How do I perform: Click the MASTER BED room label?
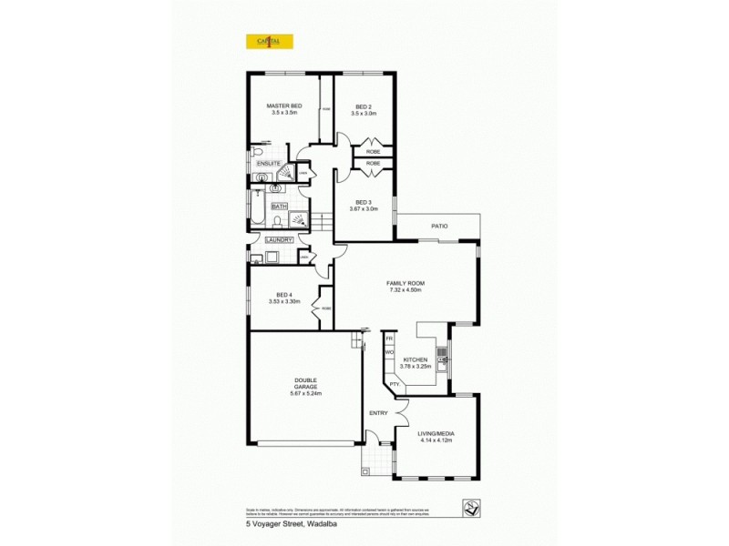[x=283, y=106]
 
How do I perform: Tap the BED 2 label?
[x=364, y=106]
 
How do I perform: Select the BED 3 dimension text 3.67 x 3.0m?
[x=364, y=208]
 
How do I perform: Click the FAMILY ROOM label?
[x=406, y=283]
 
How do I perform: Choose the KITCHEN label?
[x=416, y=359]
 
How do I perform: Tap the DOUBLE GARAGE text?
[x=305, y=383]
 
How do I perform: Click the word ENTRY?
[x=378, y=413]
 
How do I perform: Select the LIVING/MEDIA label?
[x=436, y=433]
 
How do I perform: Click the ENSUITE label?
[x=268, y=163]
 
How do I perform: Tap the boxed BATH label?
[x=279, y=207]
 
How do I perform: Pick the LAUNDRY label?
[x=279, y=239]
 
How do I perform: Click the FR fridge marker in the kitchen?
[x=388, y=339]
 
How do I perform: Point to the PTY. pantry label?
[x=395, y=384]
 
